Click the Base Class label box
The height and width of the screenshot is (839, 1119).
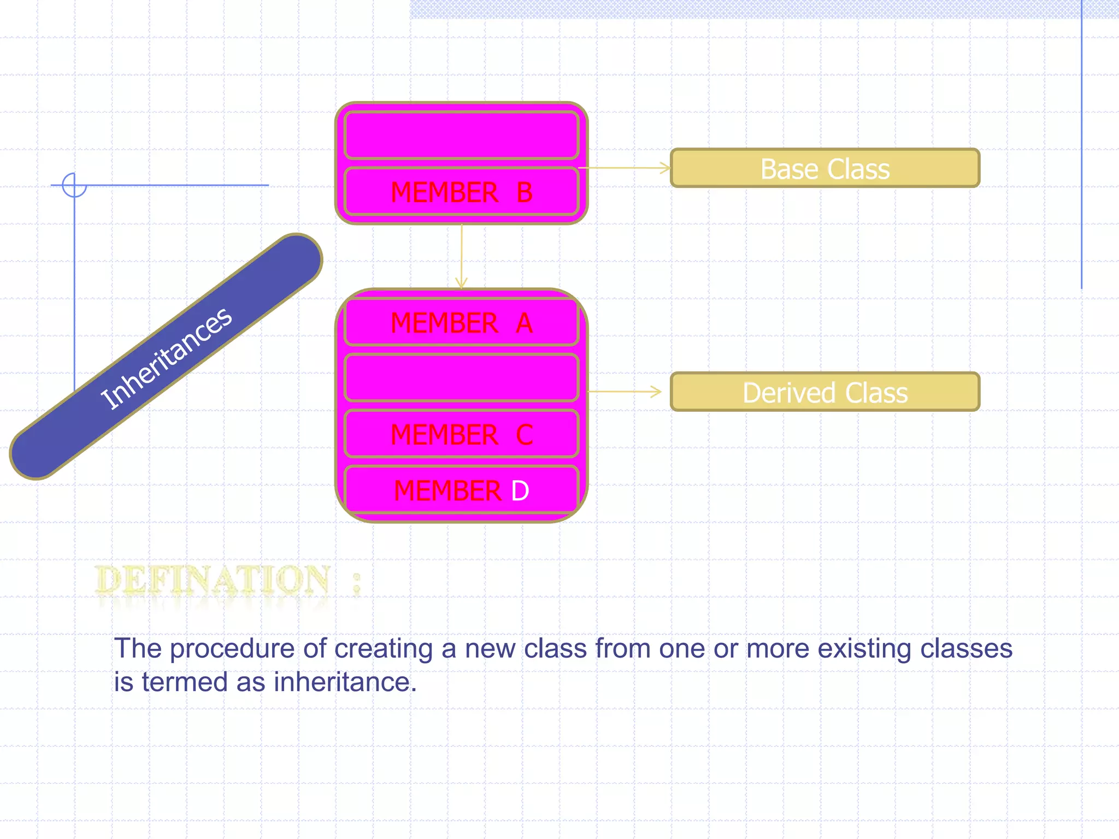[824, 168]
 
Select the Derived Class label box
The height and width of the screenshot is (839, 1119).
[824, 392]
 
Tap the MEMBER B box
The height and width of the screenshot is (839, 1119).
[461, 192]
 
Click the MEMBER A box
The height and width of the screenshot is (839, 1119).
[461, 322]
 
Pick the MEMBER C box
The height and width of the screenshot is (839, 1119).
[461, 434]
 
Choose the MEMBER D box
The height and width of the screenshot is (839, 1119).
[461, 490]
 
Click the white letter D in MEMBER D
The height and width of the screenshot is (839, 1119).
[520, 491]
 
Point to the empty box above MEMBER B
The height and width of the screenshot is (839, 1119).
[461, 135]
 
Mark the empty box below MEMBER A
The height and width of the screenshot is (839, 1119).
[461, 377]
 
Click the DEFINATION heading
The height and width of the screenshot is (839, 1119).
[213, 580]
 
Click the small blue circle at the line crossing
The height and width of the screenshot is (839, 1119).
[74, 185]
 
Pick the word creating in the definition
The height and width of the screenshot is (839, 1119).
[383, 649]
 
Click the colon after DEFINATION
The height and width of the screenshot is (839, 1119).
[357, 583]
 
